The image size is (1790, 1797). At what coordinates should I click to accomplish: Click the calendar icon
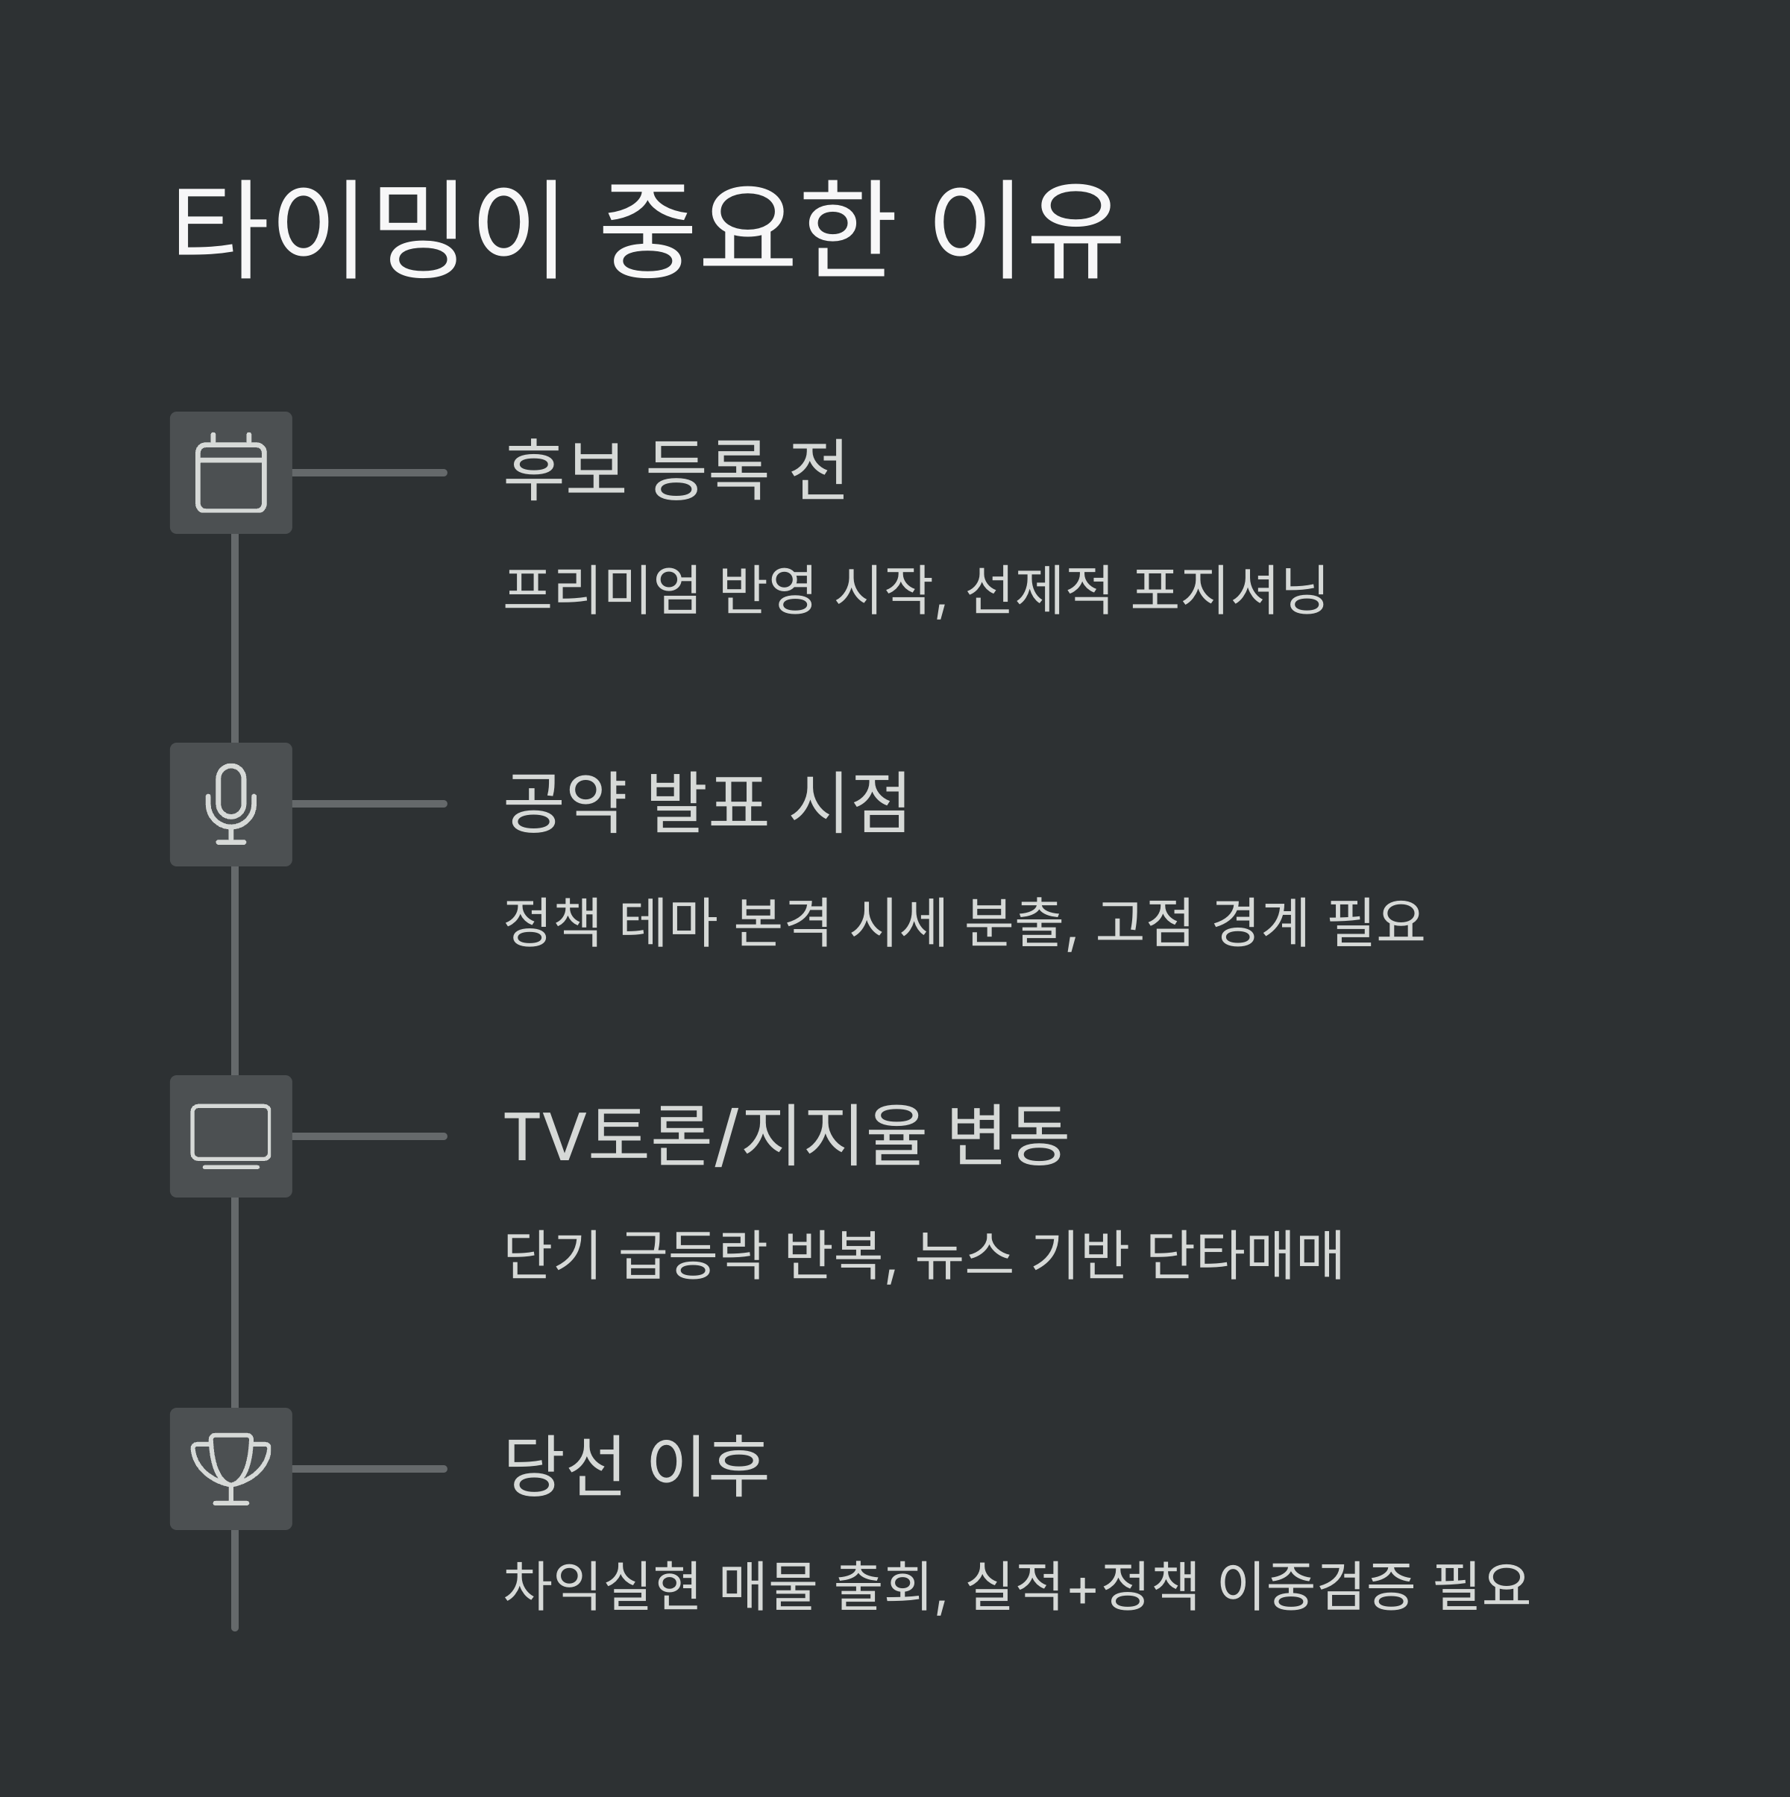230,473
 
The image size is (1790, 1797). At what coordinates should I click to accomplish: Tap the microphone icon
230,805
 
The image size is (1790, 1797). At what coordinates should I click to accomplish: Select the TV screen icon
230,1136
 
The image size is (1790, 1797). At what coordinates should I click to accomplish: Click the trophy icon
230,1469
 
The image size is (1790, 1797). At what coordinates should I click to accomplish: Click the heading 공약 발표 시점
706,802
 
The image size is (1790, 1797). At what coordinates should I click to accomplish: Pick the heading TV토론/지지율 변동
785,1135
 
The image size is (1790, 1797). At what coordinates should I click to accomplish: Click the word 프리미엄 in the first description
601,589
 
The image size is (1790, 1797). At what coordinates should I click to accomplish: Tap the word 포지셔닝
1228,589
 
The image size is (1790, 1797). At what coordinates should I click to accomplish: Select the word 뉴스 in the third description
963,1254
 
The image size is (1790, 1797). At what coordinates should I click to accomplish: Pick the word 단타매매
1245,1254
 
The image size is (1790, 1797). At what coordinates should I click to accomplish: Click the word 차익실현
601,1585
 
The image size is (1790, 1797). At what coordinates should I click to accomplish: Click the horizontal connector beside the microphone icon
369,804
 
